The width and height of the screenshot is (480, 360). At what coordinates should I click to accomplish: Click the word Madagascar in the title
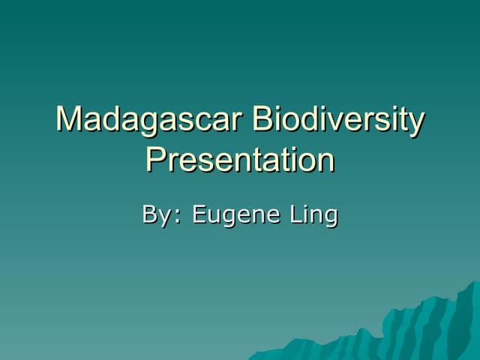click(x=150, y=120)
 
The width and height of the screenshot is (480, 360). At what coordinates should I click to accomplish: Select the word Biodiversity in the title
click(x=338, y=120)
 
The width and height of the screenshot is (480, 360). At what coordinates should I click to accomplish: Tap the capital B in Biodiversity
click(x=262, y=120)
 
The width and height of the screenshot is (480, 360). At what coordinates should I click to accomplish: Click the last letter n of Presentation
click(x=326, y=161)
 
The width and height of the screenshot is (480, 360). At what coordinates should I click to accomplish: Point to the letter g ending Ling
click(x=331, y=218)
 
